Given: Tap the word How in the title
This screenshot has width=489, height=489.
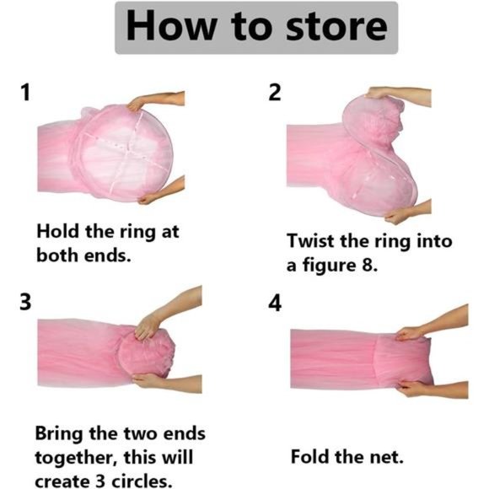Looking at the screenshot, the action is coord(171,25).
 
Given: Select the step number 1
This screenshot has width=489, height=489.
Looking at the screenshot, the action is coord(26,92).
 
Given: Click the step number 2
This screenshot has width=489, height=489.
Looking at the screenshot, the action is coord(275,92).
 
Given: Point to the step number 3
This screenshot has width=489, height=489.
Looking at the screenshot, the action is coord(25,302).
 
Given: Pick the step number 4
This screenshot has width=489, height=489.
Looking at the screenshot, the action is coord(275,304).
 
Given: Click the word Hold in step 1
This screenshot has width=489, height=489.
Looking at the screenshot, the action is coord(57,231).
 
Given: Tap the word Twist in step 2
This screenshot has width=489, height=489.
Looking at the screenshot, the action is coord(310,241).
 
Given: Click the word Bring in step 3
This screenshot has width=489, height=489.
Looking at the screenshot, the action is coord(59,434).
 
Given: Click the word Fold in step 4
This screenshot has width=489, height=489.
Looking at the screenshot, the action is coord(310,457).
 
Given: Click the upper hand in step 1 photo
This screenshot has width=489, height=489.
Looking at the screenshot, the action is coord(155,99).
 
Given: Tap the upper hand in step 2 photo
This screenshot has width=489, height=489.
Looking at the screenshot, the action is coord(399,94).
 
